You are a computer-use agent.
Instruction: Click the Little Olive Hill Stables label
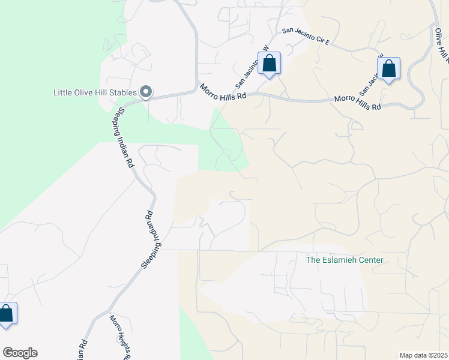94,92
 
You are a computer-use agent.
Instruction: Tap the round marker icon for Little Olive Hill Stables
146,92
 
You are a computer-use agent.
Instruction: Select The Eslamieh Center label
344,260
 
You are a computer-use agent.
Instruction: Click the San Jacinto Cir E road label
306,35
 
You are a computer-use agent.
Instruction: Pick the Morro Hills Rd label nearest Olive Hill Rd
358,102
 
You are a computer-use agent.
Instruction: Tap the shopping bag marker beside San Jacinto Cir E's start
269,63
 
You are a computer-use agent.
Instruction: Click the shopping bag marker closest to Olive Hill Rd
389,70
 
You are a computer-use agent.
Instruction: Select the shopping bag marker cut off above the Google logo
7,314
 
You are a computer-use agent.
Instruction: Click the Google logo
20,353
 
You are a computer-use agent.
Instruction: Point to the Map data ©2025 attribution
423,355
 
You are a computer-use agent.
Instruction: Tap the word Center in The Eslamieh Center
369,260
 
